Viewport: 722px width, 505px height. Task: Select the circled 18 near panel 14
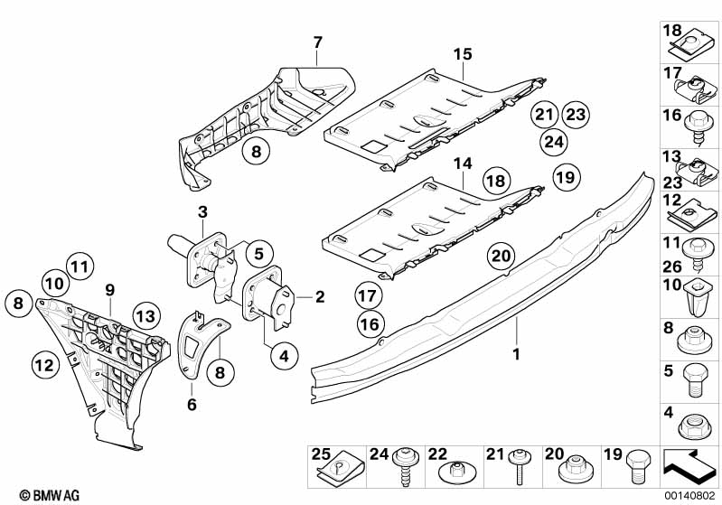click(x=495, y=182)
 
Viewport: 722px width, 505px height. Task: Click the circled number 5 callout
click(x=257, y=256)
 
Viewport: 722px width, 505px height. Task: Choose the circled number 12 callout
click(x=42, y=364)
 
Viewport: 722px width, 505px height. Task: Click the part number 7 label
click(x=317, y=42)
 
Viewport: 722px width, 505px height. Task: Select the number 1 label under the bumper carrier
click(x=516, y=353)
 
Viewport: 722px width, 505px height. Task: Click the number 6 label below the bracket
click(x=192, y=406)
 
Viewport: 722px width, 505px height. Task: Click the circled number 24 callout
click(x=554, y=141)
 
